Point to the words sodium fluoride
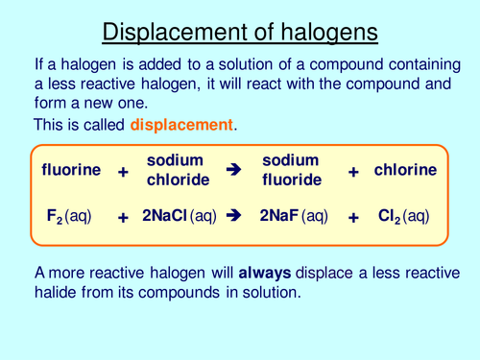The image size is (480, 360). click(290, 170)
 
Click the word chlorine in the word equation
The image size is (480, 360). click(405, 170)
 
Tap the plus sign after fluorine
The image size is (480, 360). click(123, 172)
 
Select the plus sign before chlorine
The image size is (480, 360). click(353, 172)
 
